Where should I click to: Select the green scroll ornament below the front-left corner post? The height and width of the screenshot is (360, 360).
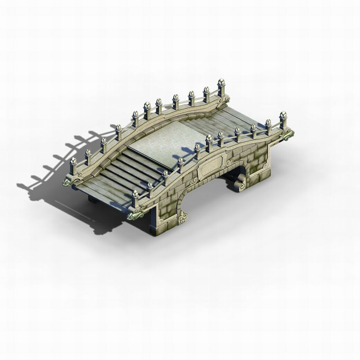[133, 216]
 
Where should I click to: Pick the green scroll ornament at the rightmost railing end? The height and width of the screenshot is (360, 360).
[288, 134]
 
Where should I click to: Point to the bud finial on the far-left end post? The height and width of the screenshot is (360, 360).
[73, 161]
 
